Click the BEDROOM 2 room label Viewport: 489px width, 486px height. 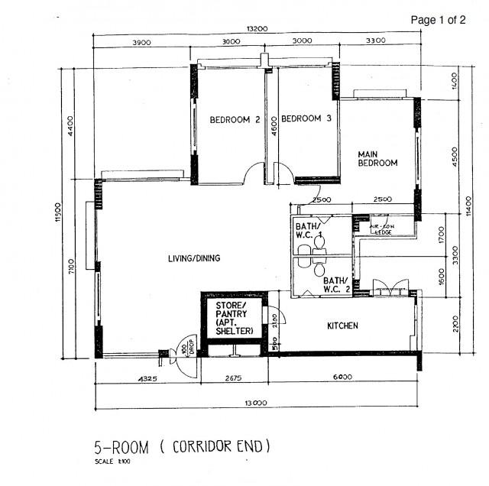pos(235,119)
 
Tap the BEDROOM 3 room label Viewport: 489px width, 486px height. pos(306,118)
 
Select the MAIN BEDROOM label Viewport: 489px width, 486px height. pos(377,158)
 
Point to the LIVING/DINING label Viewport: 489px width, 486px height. pos(194,258)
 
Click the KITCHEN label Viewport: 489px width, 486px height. pos(342,326)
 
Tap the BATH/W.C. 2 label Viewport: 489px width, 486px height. pos(336,284)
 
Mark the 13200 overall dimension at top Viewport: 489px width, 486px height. pos(257,28)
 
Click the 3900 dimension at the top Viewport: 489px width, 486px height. pos(141,42)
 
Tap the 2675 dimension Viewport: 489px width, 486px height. pos(229,377)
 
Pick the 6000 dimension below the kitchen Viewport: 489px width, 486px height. pos(342,377)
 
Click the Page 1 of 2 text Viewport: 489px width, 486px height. pos(438,20)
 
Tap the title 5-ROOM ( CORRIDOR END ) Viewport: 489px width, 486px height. pos(182,446)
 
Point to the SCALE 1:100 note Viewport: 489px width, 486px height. pos(112,462)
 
